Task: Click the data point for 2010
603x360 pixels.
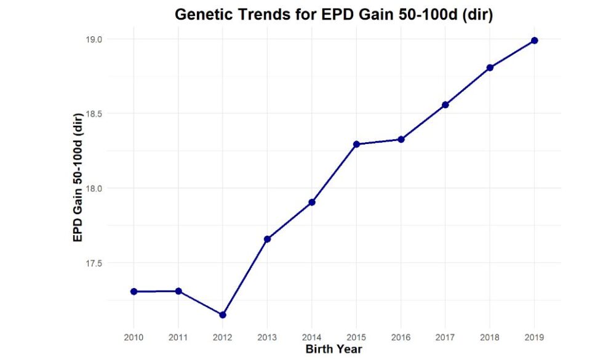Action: click(134, 291)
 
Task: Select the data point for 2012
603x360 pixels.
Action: click(223, 314)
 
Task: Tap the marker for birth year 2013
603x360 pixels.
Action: click(267, 239)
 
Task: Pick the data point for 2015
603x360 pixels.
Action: click(356, 144)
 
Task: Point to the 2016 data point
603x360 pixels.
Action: click(401, 139)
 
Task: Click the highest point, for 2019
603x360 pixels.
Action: click(535, 41)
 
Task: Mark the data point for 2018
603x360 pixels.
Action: click(490, 68)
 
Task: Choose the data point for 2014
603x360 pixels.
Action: click(312, 202)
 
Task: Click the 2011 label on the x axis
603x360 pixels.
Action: click(178, 337)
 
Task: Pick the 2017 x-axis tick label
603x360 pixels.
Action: click(445, 337)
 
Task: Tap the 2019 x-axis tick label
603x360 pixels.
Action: click(535, 337)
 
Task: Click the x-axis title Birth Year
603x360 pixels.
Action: click(334, 350)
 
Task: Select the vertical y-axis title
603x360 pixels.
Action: click(78, 177)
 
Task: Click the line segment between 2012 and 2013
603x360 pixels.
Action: click(245, 277)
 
